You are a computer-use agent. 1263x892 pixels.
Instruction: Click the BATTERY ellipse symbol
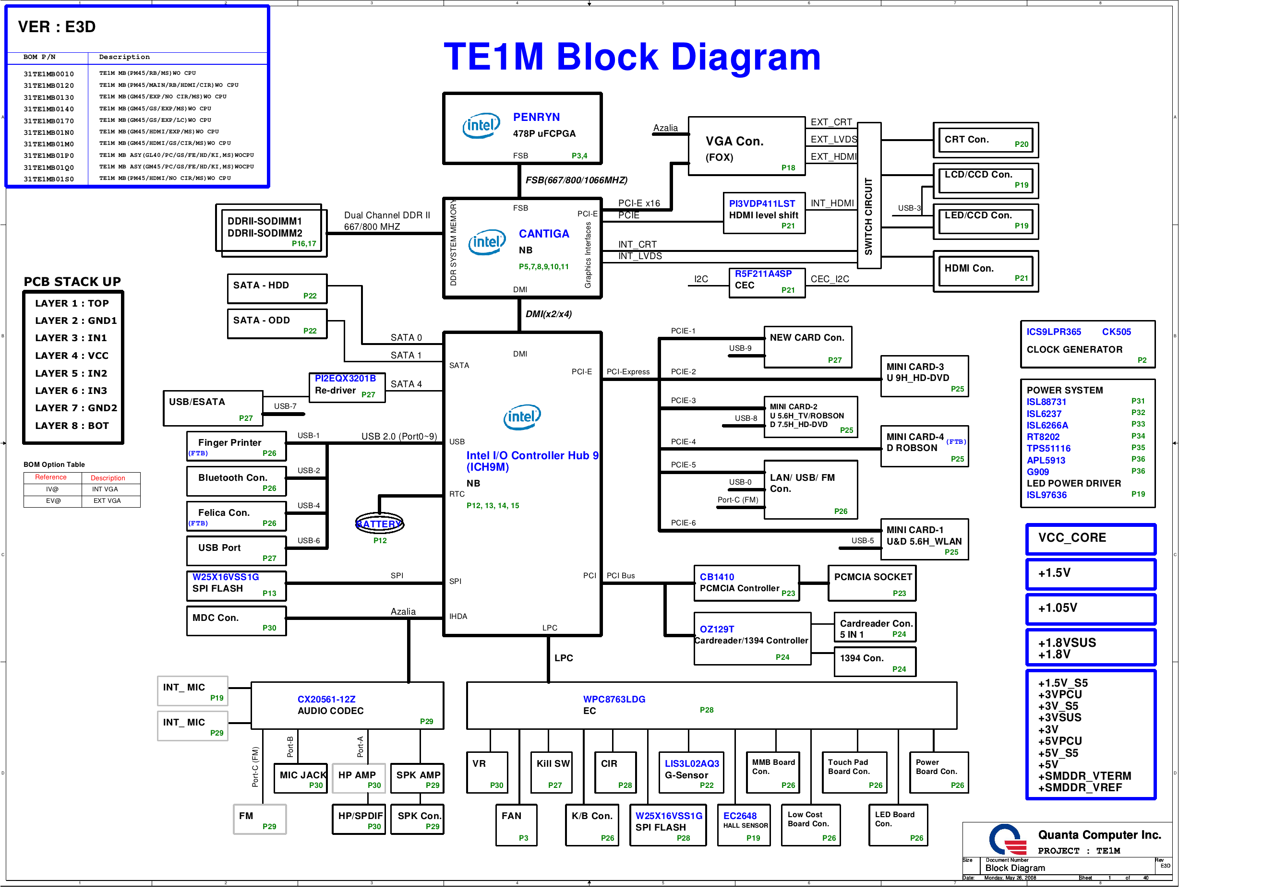tap(380, 523)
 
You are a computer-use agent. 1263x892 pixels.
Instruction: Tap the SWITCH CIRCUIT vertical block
tap(869, 196)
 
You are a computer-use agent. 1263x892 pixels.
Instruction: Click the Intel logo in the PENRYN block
tap(481, 126)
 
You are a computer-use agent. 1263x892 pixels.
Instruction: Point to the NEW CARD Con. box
tap(807, 347)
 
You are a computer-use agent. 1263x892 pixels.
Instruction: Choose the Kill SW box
tap(552, 772)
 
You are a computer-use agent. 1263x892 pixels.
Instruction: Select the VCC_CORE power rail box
tap(1091, 539)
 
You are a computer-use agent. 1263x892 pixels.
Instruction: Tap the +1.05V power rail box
tap(1091, 609)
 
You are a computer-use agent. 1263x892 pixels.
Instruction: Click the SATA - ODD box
tap(277, 324)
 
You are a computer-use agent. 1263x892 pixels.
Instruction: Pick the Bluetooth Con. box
tap(237, 481)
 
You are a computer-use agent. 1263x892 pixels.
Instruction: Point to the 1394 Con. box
tap(875, 662)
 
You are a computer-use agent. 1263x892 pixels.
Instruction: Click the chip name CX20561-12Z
tap(326, 700)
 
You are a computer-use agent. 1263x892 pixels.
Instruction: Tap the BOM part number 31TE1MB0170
tap(48, 121)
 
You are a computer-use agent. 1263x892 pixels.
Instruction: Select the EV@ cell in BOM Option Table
tap(53, 501)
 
